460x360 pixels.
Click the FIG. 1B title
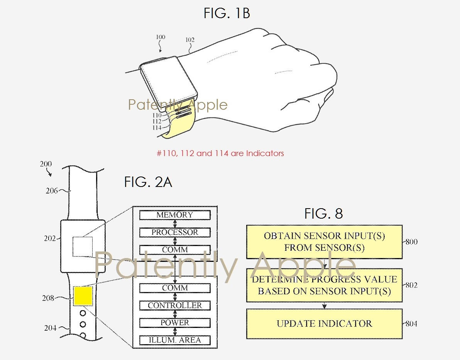(x=227, y=13)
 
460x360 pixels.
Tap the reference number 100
(x=161, y=37)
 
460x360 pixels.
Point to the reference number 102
(x=190, y=40)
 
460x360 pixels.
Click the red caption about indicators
(x=220, y=153)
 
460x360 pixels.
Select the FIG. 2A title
(x=148, y=182)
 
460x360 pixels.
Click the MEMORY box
(x=175, y=215)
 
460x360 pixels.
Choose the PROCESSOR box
(x=175, y=232)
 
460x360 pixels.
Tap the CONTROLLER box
(x=175, y=306)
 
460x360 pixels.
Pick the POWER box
(x=175, y=323)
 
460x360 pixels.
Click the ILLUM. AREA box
(x=175, y=340)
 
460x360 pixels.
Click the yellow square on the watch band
(x=83, y=296)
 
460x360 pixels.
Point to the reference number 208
(x=48, y=298)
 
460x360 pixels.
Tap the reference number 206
(x=52, y=191)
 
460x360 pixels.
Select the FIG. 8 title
(x=324, y=214)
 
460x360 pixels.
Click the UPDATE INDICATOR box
(x=324, y=324)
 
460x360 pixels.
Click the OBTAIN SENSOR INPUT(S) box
(x=324, y=242)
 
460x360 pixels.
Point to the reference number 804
(x=411, y=324)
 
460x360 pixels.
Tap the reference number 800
(x=411, y=242)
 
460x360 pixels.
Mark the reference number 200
(x=46, y=164)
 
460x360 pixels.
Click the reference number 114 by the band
(x=157, y=128)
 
